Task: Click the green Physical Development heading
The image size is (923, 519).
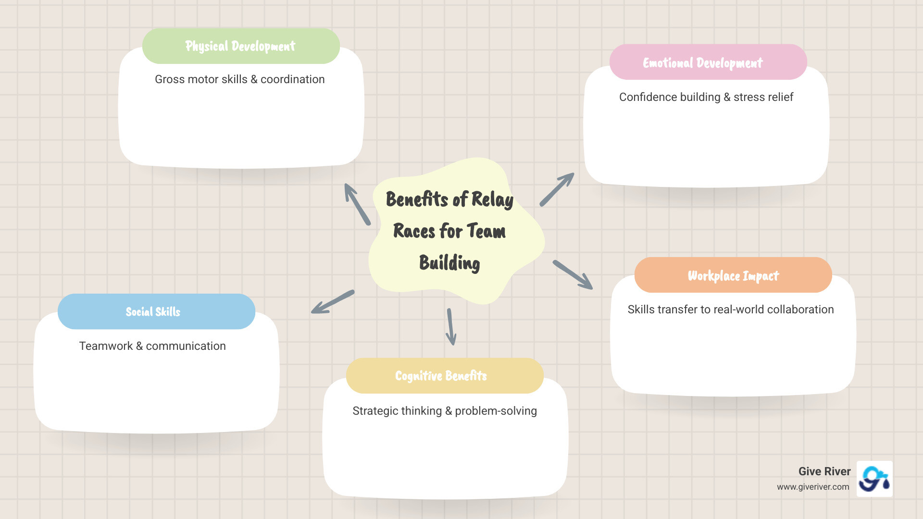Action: (240, 46)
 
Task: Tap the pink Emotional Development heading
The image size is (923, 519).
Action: (703, 63)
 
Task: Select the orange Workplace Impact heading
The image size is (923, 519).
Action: (733, 276)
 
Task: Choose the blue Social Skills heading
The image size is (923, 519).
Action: (153, 312)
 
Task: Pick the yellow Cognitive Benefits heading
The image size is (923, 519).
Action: (441, 376)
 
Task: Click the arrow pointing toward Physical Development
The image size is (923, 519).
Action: (357, 204)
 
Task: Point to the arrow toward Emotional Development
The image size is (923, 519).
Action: (557, 189)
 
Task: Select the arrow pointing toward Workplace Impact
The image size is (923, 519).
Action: (573, 274)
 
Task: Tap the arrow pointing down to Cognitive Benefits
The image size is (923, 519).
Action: (450, 327)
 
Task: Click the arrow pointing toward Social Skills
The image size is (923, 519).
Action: (333, 302)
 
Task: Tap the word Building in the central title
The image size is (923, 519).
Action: (449, 263)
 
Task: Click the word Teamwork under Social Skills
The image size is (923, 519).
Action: (106, 346)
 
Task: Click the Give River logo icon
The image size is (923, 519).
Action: (874, 479)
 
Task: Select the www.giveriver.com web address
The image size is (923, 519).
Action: (813, 487)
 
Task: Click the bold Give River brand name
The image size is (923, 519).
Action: (824, 471)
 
